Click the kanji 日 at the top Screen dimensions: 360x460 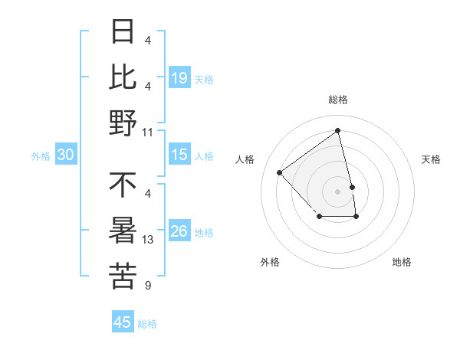coord(123,33)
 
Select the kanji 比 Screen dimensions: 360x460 coord(123,77)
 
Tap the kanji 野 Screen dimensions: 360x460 coord(123,122)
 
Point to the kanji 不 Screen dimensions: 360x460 coord(123,185)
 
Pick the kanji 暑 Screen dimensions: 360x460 coord(123,231)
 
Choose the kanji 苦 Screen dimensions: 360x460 coord(123,276)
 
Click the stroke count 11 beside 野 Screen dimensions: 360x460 coord(148,132)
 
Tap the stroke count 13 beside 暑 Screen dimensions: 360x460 coord(148,240)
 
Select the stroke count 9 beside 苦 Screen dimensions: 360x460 coord(147,286)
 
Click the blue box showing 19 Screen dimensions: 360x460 coord(179,77)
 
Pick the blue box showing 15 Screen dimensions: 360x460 coord(179,155)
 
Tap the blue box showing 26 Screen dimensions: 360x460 coord(179,231)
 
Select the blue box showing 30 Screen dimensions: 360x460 coord(66,155)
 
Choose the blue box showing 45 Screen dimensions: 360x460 coord(123,322)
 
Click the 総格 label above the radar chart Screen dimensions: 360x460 coord(337,100)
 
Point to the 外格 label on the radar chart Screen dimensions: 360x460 coord(270,262)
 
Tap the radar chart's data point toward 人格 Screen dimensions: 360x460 coord(280,172)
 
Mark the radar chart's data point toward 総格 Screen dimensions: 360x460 coord(337,130)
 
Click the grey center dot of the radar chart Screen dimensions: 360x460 coord(337,190)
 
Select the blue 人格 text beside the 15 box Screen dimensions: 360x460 coord(204,155)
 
